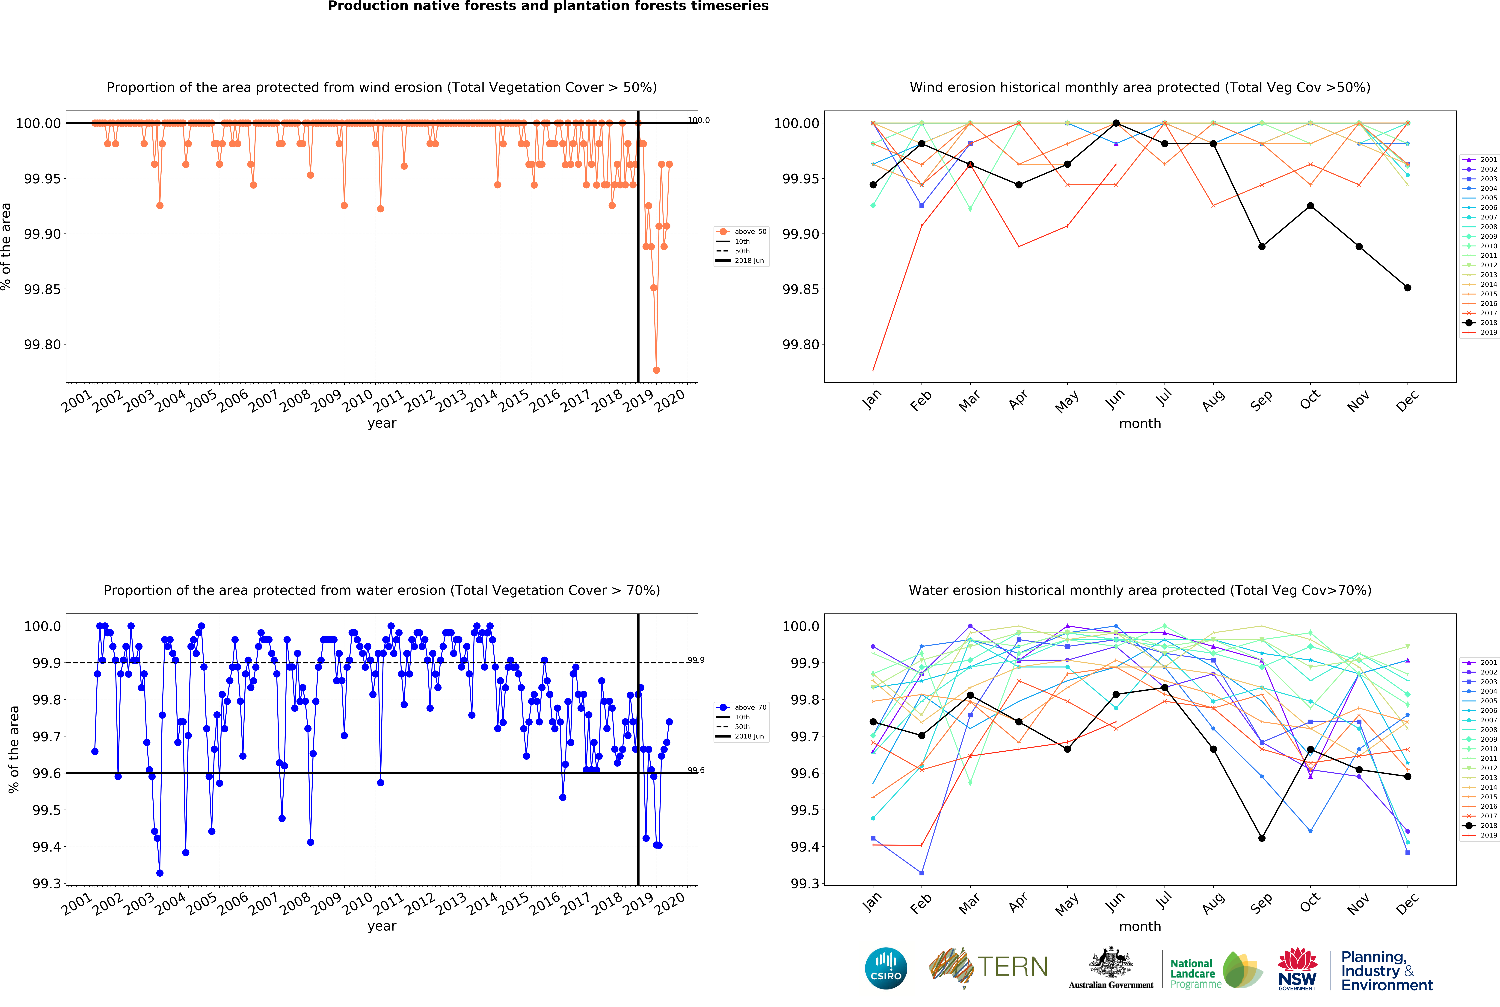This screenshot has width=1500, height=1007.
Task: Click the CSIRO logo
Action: (886, 968)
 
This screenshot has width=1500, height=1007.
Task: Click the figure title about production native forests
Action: (548, 6)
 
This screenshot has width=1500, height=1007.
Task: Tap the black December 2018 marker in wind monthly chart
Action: (1408, 288)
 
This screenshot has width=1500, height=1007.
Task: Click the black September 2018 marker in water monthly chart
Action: (1262, 838)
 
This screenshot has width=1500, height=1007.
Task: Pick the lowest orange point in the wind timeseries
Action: (656, 371)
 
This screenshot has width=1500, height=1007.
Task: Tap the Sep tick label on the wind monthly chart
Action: (1261, 400)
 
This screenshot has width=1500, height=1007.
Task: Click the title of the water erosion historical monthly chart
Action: (1139, 590)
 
